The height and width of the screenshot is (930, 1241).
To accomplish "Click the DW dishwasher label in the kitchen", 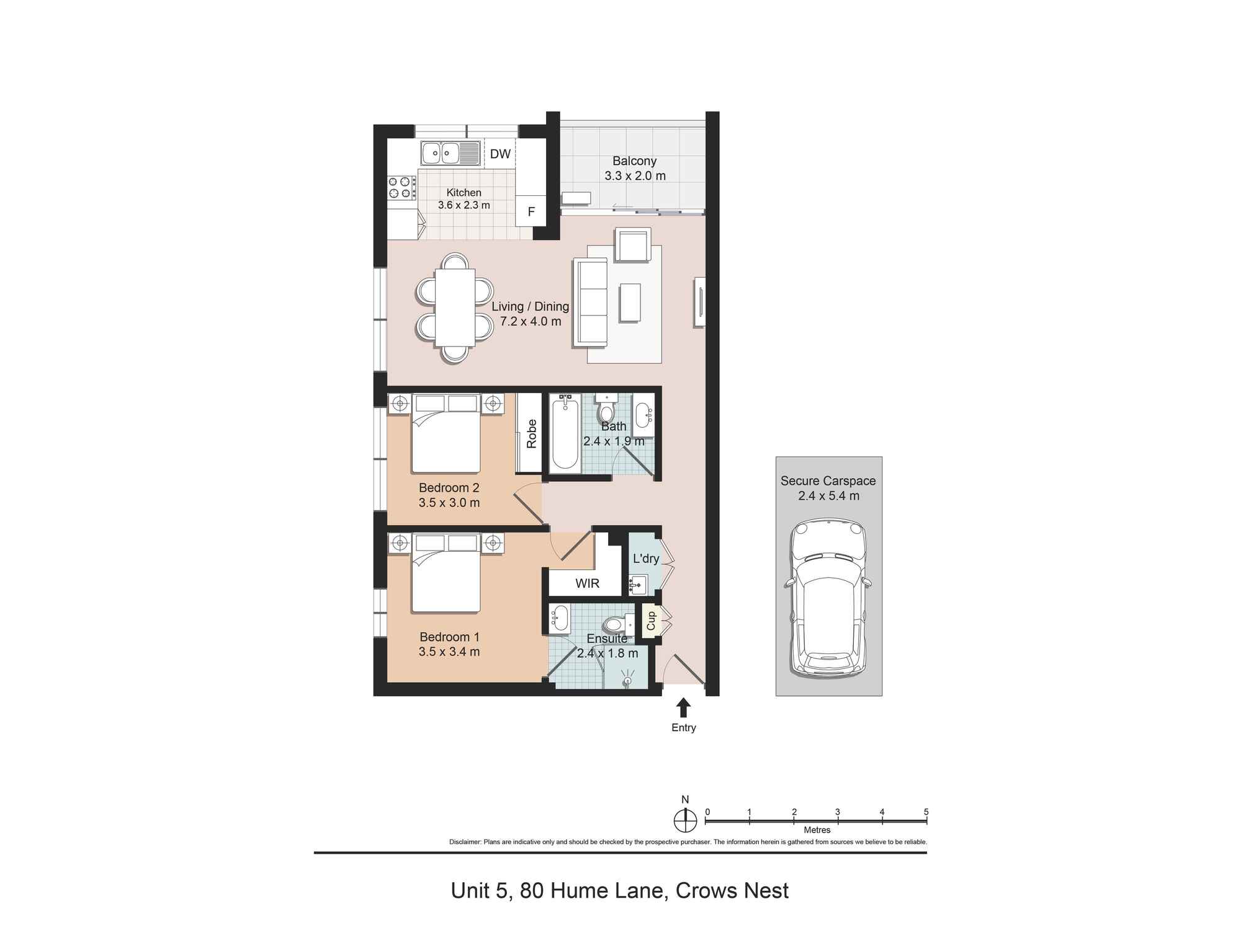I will tap(500, 154).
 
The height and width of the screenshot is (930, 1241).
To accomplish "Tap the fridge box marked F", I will tap(531, 211).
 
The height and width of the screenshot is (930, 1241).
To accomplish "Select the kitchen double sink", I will tap(450, 153).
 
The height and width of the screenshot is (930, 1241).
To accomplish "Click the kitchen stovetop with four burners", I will tap(402, 188).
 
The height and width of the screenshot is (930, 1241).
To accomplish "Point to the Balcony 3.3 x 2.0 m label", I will tap(635, 168).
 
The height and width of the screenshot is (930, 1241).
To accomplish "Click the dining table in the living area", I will tap(455, 308).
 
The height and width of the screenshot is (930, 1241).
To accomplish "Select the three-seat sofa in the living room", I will tap(590, 303).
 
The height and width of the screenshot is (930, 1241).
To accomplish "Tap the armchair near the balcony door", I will tap(632, 245).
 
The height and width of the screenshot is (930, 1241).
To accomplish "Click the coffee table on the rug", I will tap(630, 303).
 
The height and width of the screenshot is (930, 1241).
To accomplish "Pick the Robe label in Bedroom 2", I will tap(531, 433).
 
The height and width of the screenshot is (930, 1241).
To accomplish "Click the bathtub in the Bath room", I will tap(565, 434).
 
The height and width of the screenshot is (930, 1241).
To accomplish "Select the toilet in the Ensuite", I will tap(616, 624).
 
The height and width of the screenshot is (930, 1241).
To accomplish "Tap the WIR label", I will tap(587, 583).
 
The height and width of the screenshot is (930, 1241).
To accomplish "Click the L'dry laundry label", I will tap(645, 559).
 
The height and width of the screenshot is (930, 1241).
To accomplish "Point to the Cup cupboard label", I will tap(651, 621).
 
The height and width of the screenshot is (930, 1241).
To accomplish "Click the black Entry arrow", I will tap(683, 707).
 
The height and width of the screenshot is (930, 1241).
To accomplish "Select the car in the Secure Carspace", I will tap(828, 598).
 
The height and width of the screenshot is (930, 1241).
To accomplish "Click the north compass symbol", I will tap(685, 820).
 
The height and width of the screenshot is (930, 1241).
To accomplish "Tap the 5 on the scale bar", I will tap(926, 812).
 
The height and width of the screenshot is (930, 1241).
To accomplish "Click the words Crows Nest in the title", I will tap(732, 891).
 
